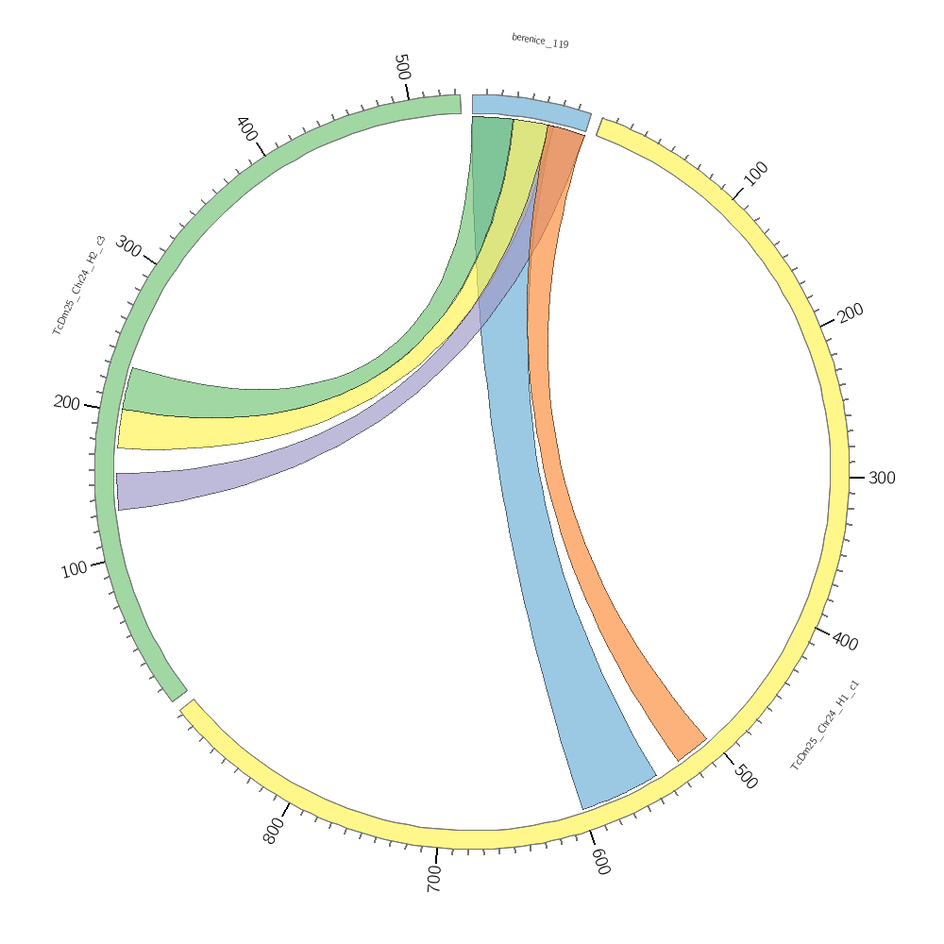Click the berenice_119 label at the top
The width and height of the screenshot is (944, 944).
(x=540, y=41)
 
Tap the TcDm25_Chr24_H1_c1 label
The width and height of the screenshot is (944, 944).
(x=824, y=725)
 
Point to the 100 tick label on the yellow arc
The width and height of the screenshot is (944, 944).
(x=756, y=173)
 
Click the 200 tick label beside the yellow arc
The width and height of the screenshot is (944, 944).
(x=851, y=312)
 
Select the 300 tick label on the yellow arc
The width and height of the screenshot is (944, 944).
(x=882, y=478)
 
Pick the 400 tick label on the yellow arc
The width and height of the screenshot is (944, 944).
(x=845, y=642)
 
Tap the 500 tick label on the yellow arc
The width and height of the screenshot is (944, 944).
(x=745, y=776)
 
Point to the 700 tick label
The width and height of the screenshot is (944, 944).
(x=434, y=878)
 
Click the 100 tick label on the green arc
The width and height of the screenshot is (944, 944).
(x=74, y=569)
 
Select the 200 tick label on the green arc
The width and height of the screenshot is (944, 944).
(x=67, y=402)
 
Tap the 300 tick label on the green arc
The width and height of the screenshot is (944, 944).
(x=128, y=248)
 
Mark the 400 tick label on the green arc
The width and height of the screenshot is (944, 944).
(x=246, y=129)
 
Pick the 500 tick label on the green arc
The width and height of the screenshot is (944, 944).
(x=402, y=68)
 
